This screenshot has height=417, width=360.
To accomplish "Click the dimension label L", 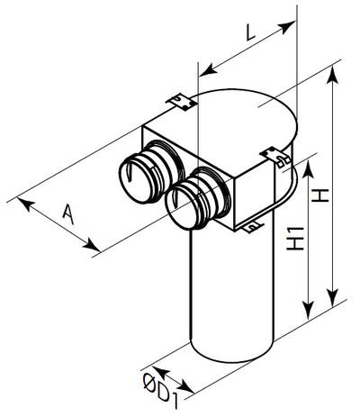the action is [x=250, y=32].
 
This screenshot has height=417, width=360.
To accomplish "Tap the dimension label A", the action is [x=68, y=213].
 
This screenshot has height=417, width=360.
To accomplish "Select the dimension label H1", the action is [x=295, y=239].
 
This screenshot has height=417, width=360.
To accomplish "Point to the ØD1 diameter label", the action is [x=160, y=391].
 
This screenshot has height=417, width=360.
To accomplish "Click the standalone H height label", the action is [x=320, y=195].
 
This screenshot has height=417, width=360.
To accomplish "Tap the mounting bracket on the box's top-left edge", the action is [x=182, y=102].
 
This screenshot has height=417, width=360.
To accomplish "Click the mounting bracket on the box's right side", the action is [x=276, y=158].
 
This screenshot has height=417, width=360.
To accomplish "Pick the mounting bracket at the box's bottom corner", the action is [x=253, y=227].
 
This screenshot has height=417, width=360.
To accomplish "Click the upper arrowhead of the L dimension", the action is [x=287, y=26].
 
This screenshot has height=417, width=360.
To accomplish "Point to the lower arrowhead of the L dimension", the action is [x=209, y=68].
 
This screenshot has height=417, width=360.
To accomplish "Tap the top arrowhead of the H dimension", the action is [x=333, y=75].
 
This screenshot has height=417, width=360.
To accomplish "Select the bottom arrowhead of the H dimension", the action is [x=332, y=298].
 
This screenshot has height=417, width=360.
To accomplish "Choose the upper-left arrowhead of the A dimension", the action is [x=25, y=204].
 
